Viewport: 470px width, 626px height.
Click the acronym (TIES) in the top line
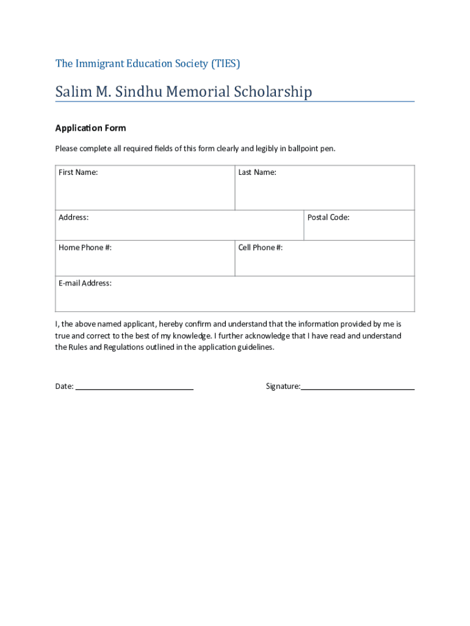click(x=226, y=64)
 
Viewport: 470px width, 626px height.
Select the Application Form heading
click(x=90, y=128)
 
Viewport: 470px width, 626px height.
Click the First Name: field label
click(x=78, y=172)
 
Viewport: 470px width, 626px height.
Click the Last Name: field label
click(x=257, y=172)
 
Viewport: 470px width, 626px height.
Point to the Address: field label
click(x=73, y=218)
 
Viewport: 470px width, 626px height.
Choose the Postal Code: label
click(x=328, y=218)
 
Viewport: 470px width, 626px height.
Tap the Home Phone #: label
click(x=85, y=248)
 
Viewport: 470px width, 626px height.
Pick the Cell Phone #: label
click(x=260, y=248)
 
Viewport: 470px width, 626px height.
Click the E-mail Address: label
click(x=85, y=283)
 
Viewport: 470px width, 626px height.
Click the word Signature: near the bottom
click(x=283, y=386)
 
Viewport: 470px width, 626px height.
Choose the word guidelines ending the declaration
click(x=255, y=347)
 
